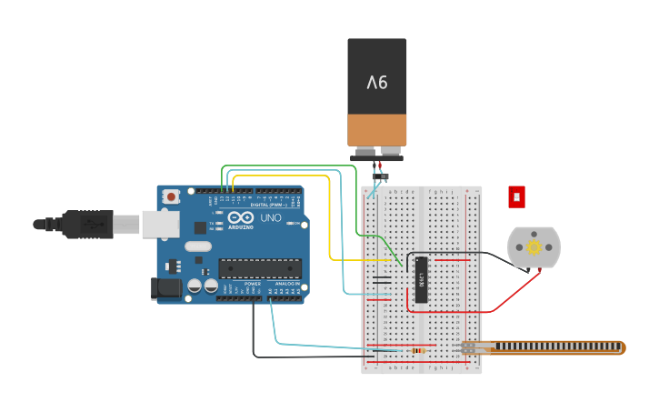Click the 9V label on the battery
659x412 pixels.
pyautogui.click(x=377, y=83)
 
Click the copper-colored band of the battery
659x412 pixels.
pyautogui.click(x=377, y=129)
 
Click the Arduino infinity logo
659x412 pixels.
pyautogui.click(x=241, y=218)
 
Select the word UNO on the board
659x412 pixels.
pyautogui.click(x=271, y=218)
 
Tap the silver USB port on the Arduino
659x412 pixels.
pyautogui.click(x=160, y=224)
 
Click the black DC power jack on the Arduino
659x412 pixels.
pyautogui.click(x=165, y=288)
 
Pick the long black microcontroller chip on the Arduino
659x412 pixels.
pyautogui.click(x=260, y=268)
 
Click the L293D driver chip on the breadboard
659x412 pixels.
pyautogui.click(x=421, y=279)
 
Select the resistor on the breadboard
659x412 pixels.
pyautogui.click(x=417, y=350)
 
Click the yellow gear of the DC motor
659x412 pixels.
pyautogui.click(x=534, y=247)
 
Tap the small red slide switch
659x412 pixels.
pyautogui.click(x=516, y=196)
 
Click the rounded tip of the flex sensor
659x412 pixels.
pyautogui.click(x=620, y=347)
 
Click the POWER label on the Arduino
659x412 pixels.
pyautogui.click(x=253, y=284)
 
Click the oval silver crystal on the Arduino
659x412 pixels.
pyautogui.click(x=198, y=246)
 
